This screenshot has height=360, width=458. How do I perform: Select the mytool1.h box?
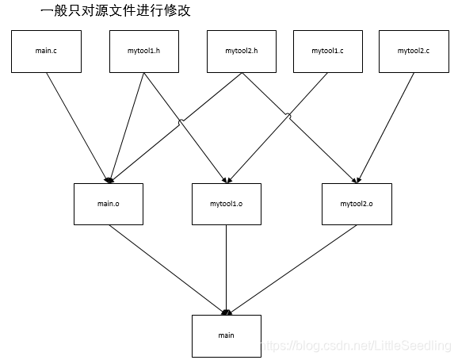pos(143,51)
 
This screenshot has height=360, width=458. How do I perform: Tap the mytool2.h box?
pos(241,51)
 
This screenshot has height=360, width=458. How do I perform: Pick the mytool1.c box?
pos(327,51)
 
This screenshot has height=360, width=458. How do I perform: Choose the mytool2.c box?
pos(414,51)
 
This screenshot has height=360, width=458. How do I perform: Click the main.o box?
pos(108,204)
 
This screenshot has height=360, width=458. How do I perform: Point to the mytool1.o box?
pos(227,204)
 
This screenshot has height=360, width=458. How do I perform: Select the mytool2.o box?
pos(356,204)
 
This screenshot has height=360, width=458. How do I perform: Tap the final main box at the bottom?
pos(227,335)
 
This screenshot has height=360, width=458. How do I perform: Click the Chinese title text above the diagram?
pos(115,12)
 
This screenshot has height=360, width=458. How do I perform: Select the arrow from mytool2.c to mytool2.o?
pos(387,124)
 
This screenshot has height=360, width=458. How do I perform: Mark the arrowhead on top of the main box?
pos(227,312)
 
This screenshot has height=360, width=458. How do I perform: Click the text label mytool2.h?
pos(241,51)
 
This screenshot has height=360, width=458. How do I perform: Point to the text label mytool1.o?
pos(227,204)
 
